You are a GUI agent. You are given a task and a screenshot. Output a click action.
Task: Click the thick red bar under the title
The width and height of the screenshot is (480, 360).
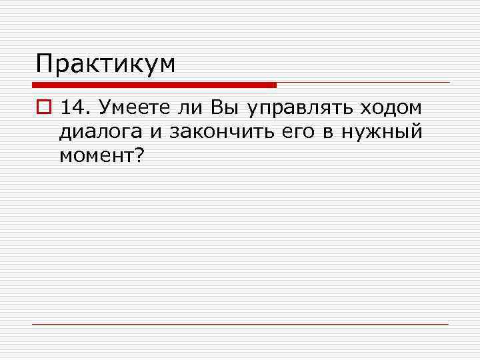[x=153, y=85]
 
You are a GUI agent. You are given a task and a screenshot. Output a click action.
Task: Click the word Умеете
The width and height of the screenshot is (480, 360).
[x=131, y=109]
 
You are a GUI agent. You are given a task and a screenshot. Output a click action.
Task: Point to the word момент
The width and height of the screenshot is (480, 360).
[x=95, y=156]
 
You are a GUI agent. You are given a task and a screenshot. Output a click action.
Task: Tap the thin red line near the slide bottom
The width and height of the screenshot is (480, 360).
[x=240, y=324]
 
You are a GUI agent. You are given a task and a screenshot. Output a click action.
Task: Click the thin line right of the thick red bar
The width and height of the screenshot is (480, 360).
[x=363, y=83]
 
